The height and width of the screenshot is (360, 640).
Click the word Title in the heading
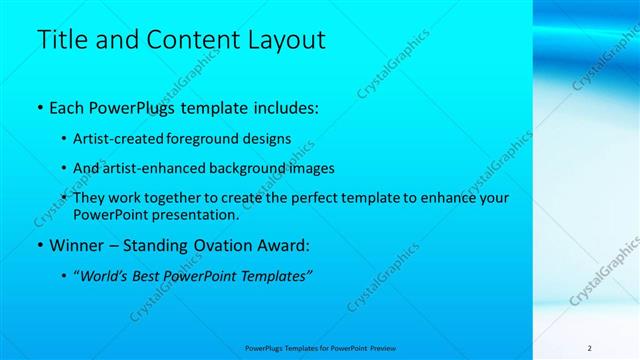(x=59, y=40)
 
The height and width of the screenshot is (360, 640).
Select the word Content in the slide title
(x=181, y=40)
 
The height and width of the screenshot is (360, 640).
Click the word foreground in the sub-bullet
(x=206, y=138)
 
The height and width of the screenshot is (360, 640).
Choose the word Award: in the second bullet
(x=282, y=244)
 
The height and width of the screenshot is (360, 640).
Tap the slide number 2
(x=589, y=348)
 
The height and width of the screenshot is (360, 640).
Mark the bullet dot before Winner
(x=38, y=245)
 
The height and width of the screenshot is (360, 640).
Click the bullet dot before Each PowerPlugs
(x=38, y=107)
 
